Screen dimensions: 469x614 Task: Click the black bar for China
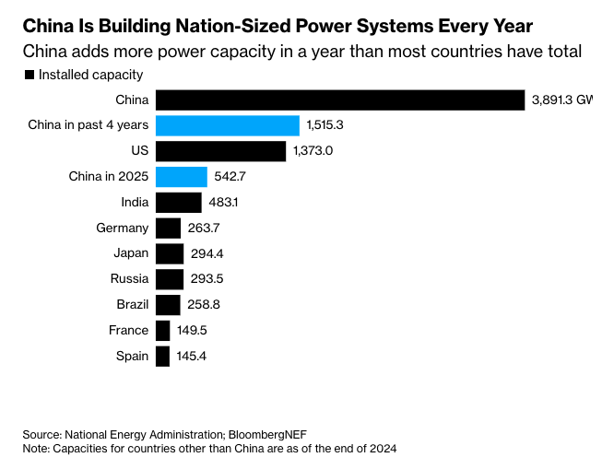tap(340, 100)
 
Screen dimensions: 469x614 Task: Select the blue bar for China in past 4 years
tap(228, 125)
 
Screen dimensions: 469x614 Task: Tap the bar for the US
tap(221, 151)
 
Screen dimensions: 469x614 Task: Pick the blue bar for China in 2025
tap(182, 177)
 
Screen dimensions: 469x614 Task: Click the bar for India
tap(179, 203)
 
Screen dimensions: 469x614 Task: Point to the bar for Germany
tap(168, 229)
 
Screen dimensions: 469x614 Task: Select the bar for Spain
tap(162, 356)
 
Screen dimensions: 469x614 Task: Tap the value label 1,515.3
tap(325, 125)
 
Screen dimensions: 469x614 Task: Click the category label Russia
tap(128, 279)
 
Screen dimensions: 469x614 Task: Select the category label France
tap(128, 330)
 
